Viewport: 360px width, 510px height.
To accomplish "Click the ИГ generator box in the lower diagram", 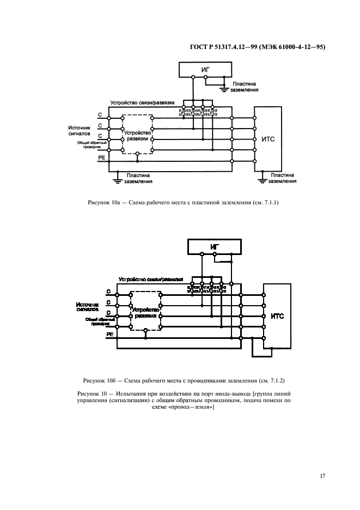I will point(215,246).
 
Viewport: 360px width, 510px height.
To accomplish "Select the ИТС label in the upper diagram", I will point(268,139).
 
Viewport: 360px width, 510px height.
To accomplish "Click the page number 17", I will point(322,476).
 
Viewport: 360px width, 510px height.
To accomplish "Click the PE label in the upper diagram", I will point(101,157).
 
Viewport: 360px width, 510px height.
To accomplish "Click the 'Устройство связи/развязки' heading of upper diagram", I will point(142,102).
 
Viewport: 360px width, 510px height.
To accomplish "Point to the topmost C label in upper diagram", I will point(100,116).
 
